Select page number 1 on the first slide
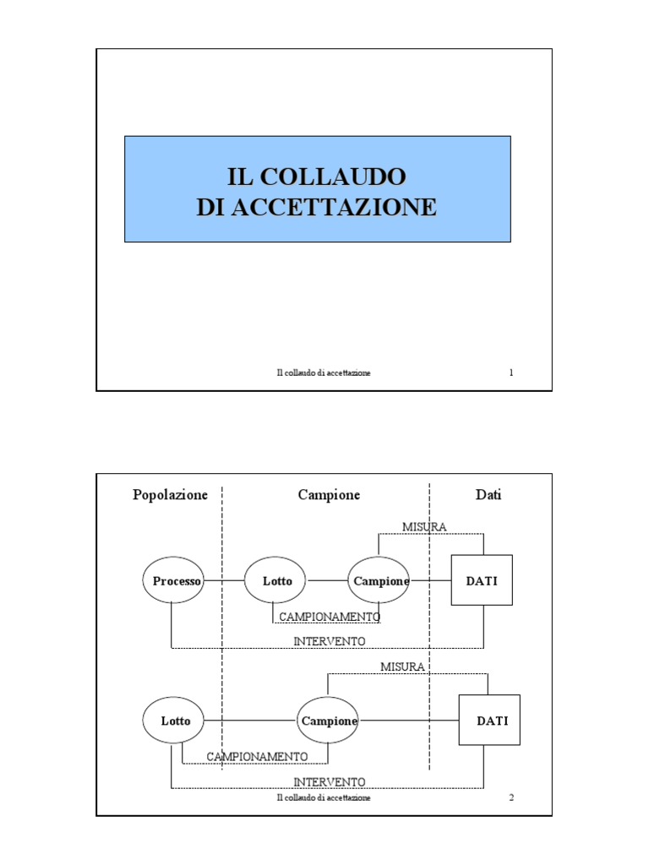point(511,373)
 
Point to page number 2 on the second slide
point(511,797)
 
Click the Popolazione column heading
point(170,495)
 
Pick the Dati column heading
point(488,495)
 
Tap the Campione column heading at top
point(329,495)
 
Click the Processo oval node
point(173,581)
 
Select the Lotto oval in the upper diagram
point(277,581)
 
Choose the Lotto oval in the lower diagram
point(176,721)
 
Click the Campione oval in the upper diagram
point(380,581)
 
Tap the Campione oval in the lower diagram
point(328,721)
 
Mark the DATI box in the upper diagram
point(482,580)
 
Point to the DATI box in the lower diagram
point(490,721)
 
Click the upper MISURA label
point(424,527)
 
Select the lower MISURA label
point(402,666)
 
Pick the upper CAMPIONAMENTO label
point(330,617)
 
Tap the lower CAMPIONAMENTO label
point(258,756)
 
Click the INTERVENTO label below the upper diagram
point(330,641)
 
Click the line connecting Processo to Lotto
point(224,581)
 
